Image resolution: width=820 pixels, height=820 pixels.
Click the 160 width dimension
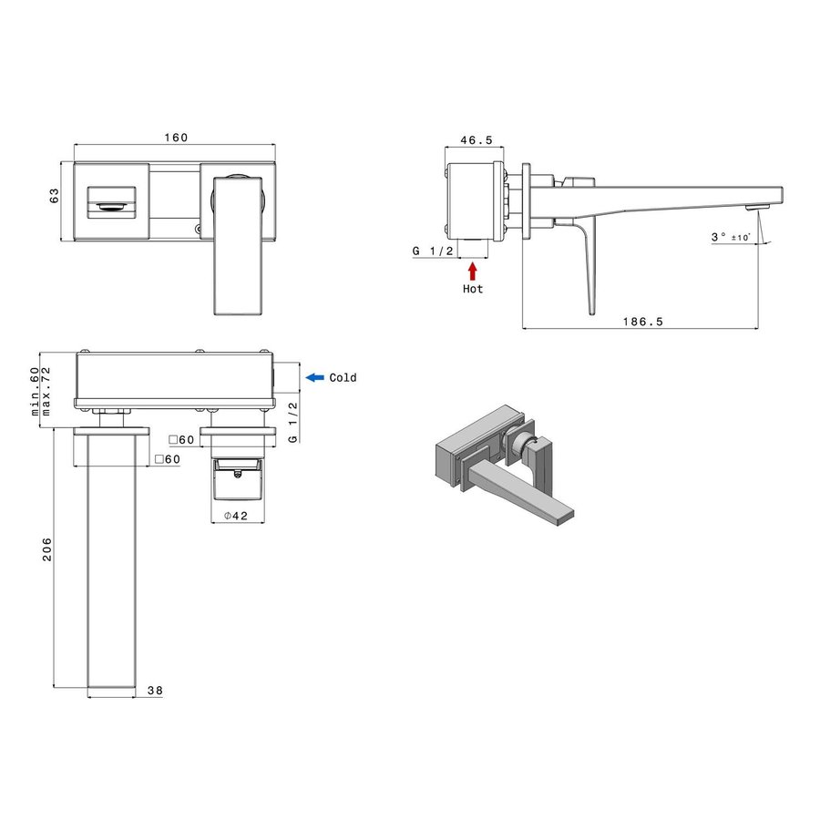pyautogui.click(x=176, y=138)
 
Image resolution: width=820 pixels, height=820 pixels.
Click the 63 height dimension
pyautogui.click(x=54, y=195)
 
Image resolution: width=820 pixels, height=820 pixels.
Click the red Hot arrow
pyautogui.click(x=472, y=271)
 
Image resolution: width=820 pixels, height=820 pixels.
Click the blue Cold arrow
pyautogui.click(x=314, y=377)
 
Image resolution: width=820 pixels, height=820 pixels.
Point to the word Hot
pyautogui.click(x=472, y=289)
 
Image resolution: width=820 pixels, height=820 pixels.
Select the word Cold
pyautogui.click(x=343, y=377)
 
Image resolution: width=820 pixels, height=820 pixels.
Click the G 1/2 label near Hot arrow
pyautogui.click(x=433, y=251)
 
